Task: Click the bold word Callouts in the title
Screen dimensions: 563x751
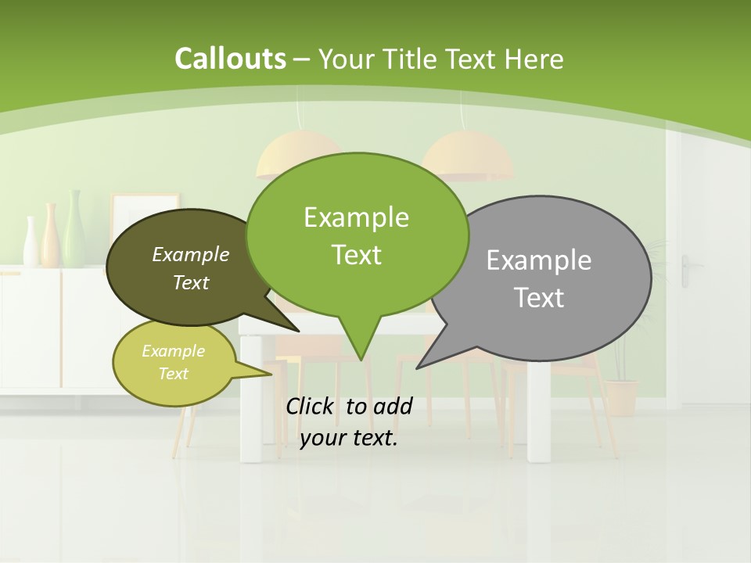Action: [230, 59]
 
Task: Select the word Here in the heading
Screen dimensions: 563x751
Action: [534, 59]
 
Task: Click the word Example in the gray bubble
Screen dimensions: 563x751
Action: [539, 260]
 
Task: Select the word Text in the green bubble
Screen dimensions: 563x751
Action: [357, 255]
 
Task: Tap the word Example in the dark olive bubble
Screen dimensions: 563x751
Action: [191, 254]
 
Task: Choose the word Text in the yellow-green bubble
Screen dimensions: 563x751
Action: [174, 374]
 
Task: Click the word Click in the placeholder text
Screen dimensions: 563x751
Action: [311, 406]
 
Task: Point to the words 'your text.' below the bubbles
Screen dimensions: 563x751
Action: [349, 438]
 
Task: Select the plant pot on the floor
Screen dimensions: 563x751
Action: [622, 397]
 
